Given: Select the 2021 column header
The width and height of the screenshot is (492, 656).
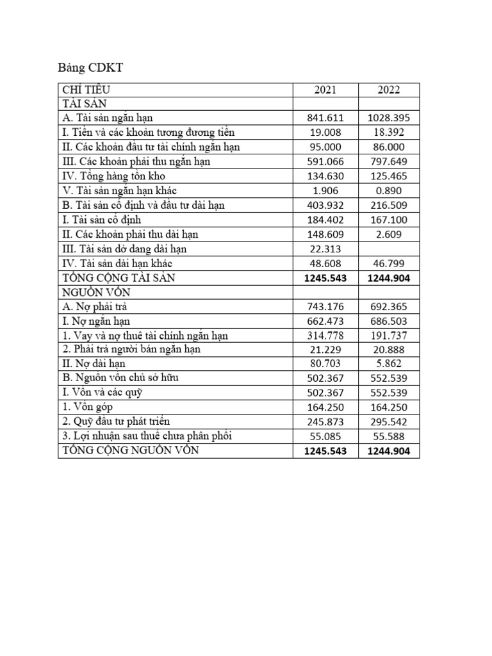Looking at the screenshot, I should click(325, 90).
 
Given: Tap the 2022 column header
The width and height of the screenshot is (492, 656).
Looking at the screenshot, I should click(388, 90).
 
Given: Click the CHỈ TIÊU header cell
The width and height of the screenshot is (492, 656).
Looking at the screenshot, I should click(90, 90).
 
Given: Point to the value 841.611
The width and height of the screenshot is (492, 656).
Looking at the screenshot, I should click(325, 118).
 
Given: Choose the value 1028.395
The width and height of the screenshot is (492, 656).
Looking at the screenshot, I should click(388, 118).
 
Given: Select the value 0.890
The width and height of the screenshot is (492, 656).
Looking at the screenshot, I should click(388, 190).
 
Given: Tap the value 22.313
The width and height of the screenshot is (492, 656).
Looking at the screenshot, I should click(325, 249).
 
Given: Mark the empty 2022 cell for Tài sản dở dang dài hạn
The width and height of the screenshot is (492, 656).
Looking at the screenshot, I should click(388, 249).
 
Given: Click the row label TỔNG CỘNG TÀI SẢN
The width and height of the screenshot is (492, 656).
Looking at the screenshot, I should click(118, 278).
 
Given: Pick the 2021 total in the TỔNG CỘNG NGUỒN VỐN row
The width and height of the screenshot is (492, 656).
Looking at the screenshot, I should click(325, 452).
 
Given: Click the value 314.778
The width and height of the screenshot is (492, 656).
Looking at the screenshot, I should click(325, 336).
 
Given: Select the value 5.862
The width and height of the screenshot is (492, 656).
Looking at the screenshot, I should click(388, 365).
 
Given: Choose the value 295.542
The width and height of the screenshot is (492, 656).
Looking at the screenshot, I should click(388, 422).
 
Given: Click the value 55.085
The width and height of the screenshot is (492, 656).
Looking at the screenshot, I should click(325, 437).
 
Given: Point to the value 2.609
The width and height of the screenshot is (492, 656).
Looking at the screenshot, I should click(388, 234).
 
